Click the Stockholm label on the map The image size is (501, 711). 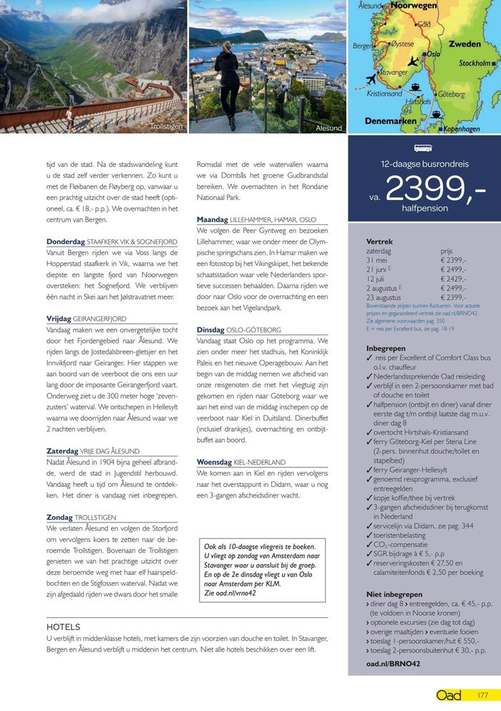[475, 63]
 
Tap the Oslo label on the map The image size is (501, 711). [433, 54]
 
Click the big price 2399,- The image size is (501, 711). [435, 189]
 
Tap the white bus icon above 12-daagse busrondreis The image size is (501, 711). [424, 149]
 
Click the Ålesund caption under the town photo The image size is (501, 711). [329, 128]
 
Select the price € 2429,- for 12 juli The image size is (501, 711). [454, 279]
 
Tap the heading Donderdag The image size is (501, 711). [65, 242]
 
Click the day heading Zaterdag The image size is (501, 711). [62, 452]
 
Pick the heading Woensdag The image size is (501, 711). [215, 462]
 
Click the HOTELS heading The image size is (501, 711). [63, 626]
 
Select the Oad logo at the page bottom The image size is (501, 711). [449, 695]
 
